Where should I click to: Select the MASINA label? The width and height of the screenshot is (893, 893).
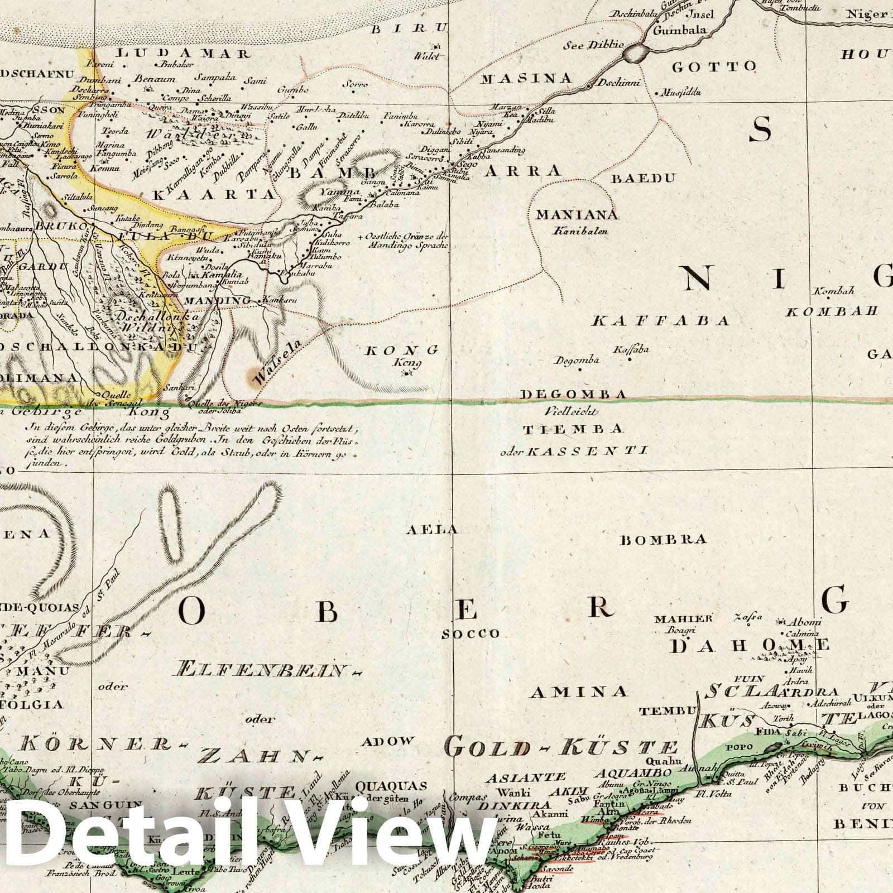527,78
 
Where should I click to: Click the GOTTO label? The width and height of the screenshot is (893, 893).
714,67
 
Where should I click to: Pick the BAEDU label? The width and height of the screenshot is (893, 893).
644,179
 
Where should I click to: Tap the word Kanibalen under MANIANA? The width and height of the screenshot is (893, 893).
577,229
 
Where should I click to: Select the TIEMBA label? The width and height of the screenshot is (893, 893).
572,429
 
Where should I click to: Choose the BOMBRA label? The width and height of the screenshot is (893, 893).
664,539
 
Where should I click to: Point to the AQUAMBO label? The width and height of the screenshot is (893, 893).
632,772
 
